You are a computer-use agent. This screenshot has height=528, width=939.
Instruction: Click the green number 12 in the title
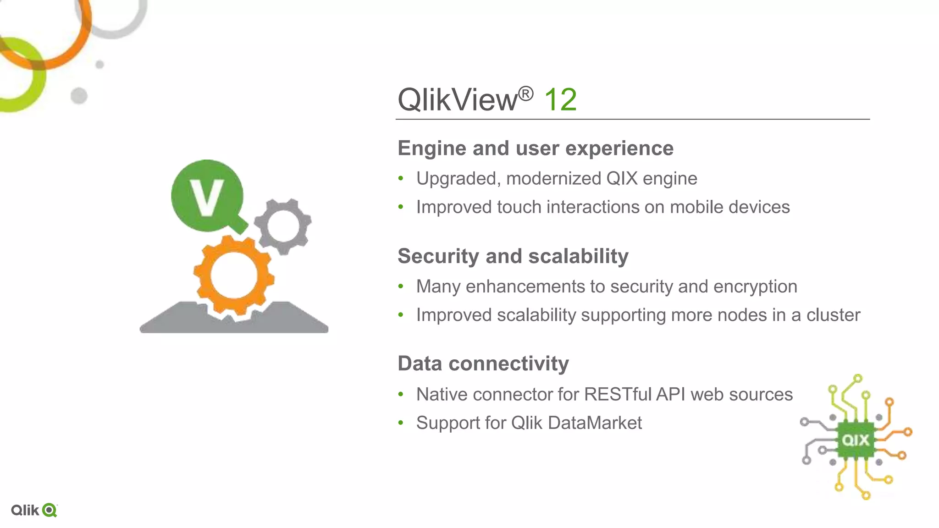(x=560, y=99)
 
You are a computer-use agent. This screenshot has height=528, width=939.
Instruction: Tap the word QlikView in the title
(x=458, y=99)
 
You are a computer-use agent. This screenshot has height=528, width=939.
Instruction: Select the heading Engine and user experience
(x=536, y=148)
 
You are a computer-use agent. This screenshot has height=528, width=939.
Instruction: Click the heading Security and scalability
(x=513, y=256)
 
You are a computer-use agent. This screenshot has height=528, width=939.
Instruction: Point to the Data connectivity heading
(x=483, y=363)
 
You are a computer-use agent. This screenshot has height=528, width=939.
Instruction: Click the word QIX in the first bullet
(x=622, y=178)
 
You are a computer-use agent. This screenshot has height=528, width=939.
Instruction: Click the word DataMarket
(x=595, y=423)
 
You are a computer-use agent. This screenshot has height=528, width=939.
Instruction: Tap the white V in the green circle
(x=207, y=197)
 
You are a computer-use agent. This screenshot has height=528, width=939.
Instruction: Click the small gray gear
(x=283, y=226)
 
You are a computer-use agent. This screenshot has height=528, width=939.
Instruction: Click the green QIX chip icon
(x=856, y=440)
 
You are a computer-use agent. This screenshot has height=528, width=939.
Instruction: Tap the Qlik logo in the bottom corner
(x=34, y=510)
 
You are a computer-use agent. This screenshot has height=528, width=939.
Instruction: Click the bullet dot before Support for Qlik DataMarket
(x=401, y=423)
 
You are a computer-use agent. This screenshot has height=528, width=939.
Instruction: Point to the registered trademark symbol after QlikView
(x=526, y=93)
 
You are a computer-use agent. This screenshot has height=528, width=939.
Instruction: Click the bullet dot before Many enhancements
(x=401, y=286)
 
